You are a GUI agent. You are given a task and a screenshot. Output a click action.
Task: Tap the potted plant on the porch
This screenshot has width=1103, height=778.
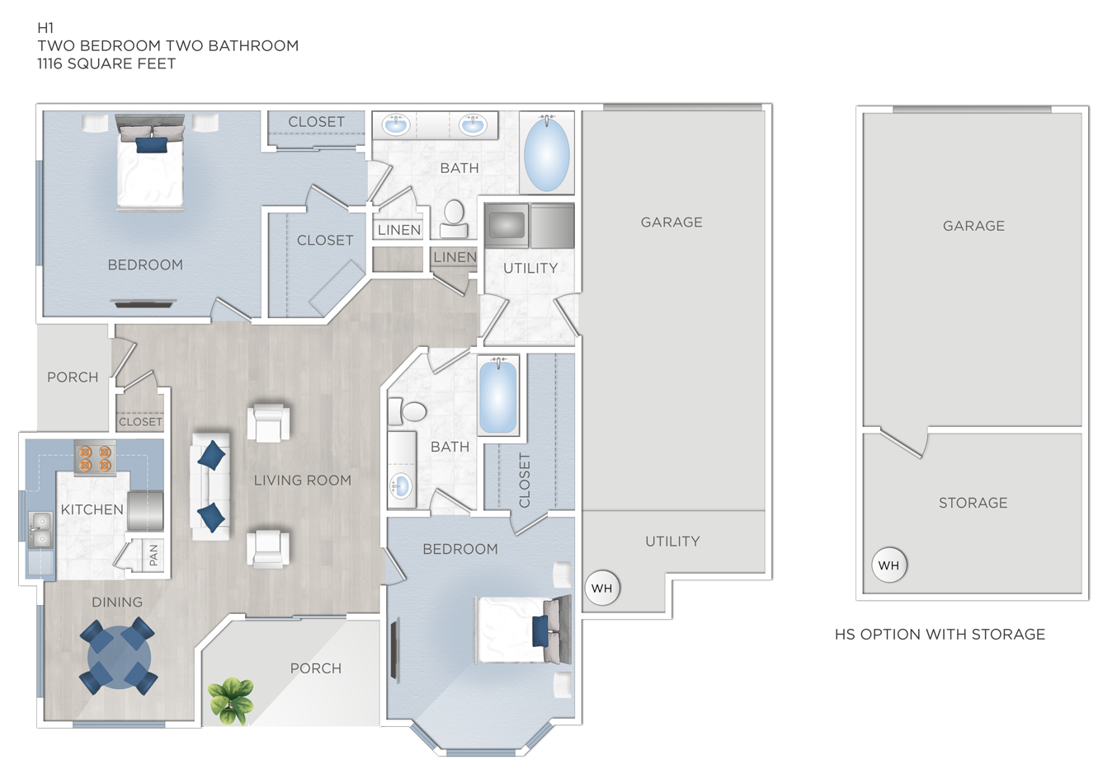pos(231,699)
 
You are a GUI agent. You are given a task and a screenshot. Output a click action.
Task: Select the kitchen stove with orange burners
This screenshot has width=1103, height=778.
pos(95,458)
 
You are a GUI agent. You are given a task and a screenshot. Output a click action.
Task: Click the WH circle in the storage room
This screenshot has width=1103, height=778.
pos(889,565)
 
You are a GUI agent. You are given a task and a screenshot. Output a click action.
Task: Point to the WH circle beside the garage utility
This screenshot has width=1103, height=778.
pos(602,588)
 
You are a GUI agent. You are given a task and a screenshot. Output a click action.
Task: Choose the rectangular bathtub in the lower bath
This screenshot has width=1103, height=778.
pos(498,396)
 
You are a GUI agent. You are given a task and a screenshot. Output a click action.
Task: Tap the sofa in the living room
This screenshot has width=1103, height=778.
pos(210,485)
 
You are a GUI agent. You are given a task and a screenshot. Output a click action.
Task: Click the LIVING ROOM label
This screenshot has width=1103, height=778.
pos(302,480)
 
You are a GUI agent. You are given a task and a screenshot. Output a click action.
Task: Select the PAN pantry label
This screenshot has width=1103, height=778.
pos(153,555)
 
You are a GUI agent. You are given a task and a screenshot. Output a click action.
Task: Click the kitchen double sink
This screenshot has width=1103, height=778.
pos(39,530)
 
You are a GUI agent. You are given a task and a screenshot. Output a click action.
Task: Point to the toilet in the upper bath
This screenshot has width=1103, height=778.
pos(454,216)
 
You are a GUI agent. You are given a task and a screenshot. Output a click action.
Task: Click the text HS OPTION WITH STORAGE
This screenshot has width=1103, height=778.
pos(940,635)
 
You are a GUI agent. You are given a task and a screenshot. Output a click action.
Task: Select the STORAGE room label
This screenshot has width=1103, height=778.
pos(973,503)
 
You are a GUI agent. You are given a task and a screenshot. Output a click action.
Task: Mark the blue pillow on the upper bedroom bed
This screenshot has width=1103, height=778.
pos(151,146)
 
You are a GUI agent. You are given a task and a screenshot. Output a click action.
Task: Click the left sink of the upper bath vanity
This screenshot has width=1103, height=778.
pos(397,126)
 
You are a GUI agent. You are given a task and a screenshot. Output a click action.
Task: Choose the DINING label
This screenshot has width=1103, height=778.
pos(117,602)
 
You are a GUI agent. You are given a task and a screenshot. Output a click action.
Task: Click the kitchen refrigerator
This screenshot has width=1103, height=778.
pos(146,510)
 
